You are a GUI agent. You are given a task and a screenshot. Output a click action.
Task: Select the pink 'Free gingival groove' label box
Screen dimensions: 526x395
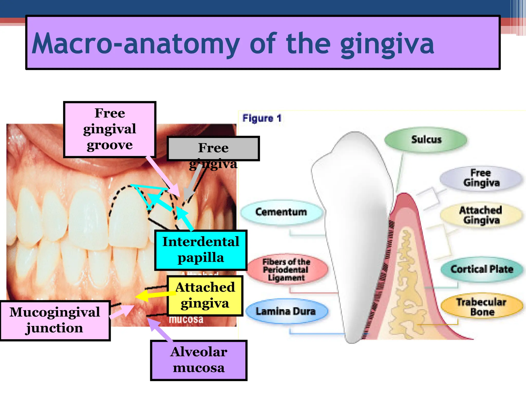110,129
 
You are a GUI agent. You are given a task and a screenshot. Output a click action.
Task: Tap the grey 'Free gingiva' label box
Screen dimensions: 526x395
213,148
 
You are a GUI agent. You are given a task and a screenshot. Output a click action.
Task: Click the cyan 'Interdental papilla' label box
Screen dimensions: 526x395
201,250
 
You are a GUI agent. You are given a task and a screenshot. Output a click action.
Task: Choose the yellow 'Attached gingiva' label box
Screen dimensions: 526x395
205,295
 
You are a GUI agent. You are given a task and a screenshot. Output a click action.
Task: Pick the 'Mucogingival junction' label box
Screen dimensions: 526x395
55,320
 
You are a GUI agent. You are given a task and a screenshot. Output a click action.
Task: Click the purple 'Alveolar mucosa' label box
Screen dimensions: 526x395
199,360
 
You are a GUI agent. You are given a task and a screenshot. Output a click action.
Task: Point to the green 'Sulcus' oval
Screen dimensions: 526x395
426,140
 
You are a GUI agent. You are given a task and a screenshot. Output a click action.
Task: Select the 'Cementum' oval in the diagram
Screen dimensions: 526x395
281,212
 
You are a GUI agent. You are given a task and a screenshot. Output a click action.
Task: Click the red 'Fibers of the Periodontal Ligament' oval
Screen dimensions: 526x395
286,270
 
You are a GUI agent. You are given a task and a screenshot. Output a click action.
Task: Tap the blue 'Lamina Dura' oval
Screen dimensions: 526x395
286,311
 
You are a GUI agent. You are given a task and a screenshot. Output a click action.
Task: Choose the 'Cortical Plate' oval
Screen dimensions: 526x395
482,269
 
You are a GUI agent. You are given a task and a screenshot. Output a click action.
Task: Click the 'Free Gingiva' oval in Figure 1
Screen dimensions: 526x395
481,178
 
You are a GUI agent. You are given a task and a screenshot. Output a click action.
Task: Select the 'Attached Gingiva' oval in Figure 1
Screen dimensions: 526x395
481,215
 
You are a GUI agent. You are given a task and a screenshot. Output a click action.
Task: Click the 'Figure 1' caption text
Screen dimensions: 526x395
262,118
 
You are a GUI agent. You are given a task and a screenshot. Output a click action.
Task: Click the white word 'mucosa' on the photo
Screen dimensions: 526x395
186,320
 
